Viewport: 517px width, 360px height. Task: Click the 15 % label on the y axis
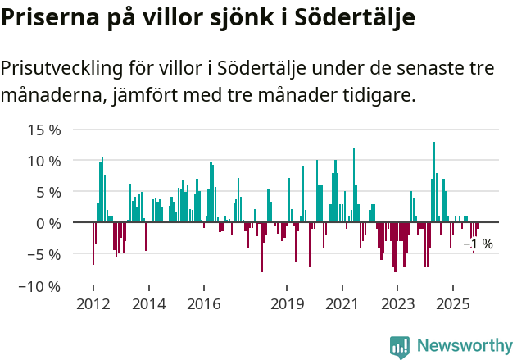click(x=44, y=130)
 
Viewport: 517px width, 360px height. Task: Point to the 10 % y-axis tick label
click(x=44, y=161)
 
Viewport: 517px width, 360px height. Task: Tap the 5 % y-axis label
click(x=48, y=192)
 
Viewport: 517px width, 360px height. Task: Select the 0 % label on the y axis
click(x=48, y=223)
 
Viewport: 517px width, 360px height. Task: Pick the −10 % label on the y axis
click(x=40, y=286)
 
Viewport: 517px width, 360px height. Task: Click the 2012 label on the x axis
click(x=93, y=304)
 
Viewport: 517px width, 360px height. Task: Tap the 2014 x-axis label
click(x=148, y=304)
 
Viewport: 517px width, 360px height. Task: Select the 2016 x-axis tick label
click(x=203, y=304)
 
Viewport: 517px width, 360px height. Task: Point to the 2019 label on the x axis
click(x=287, y=304)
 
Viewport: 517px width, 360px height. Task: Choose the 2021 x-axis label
click(x=342, y=304)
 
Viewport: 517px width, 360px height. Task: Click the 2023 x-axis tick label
click(x=397, y=304)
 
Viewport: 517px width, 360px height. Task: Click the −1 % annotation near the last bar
click(x=478, y=244)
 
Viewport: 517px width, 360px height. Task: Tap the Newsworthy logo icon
click(x=400, y=347)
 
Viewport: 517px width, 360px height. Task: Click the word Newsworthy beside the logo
click(x=464, y=346)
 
